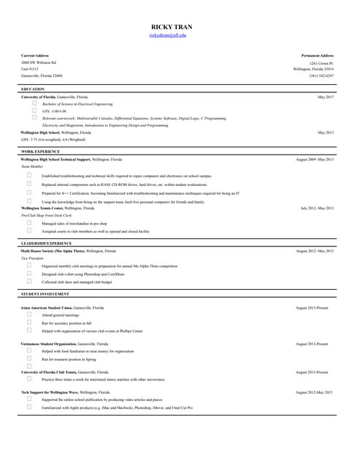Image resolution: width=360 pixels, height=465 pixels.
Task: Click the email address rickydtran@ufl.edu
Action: pos(168,35)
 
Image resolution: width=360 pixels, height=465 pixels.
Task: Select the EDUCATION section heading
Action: pos(33,89)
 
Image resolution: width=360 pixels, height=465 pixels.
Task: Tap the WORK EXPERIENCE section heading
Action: pos(40,151)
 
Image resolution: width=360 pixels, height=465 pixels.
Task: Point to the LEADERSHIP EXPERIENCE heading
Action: pos(47,243)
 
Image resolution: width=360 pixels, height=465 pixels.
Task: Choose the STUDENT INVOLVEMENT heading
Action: pos(45,294)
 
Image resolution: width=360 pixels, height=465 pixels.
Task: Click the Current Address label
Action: pos(35,55)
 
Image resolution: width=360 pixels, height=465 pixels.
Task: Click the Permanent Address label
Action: pos(317,55)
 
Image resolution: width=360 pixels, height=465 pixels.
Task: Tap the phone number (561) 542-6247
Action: pos(321,76)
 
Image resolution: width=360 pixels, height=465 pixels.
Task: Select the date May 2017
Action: pos(325,97)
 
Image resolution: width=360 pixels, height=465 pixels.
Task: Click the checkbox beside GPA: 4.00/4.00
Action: pos(34,110)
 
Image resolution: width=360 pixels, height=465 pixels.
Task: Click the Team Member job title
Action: pos(32,166)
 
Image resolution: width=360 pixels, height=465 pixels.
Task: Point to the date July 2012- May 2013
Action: pos(317,208)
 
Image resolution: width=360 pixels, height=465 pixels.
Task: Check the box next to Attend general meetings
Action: pos(29,315)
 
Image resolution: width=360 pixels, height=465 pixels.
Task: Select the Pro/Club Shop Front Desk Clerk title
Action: pos(47,216)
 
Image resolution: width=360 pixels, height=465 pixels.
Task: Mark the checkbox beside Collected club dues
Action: pos(29,280)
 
